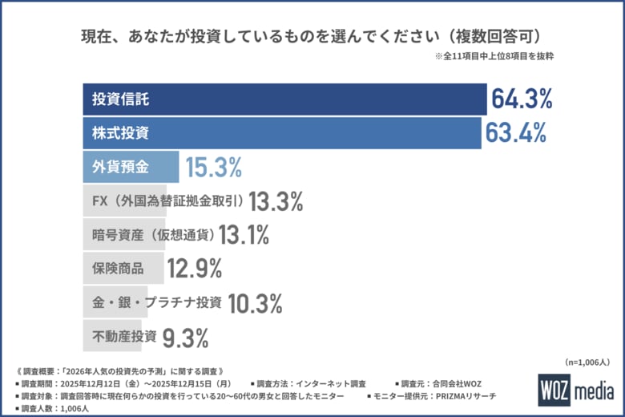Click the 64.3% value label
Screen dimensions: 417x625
point(522,99)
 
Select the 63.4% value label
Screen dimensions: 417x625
point(515,133)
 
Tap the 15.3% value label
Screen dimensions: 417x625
point(213,167)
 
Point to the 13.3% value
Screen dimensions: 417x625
point(276,201)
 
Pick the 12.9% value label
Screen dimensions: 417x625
point(195,268)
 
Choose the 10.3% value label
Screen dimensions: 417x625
point(256,302)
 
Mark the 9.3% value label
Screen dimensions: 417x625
point(186,336)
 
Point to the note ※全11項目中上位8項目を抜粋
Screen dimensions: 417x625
point(494,57)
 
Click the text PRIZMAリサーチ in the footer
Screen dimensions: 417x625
point(473,397)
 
